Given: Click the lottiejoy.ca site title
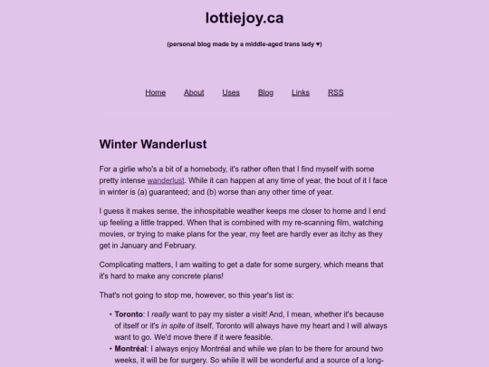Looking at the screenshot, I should pos(244,17).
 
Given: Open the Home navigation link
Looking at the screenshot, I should pos(156,92).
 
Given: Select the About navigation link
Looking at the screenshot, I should pos(194,92).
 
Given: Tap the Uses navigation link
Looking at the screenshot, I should pos(231,92).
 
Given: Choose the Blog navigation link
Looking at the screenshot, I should pos(265,92).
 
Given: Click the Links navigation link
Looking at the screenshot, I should pos(301,92).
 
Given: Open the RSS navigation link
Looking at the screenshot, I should pos(335,92).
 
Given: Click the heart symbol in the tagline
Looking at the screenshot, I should pos(319,44).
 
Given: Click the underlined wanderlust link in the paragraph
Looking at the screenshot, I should pos(166,180).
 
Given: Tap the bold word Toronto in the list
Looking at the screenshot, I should pos(129,314).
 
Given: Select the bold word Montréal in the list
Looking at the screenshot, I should pos(132,348).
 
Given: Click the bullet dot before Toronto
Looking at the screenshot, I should pos(110,314).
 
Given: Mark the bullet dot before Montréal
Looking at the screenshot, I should pos(110,348).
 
